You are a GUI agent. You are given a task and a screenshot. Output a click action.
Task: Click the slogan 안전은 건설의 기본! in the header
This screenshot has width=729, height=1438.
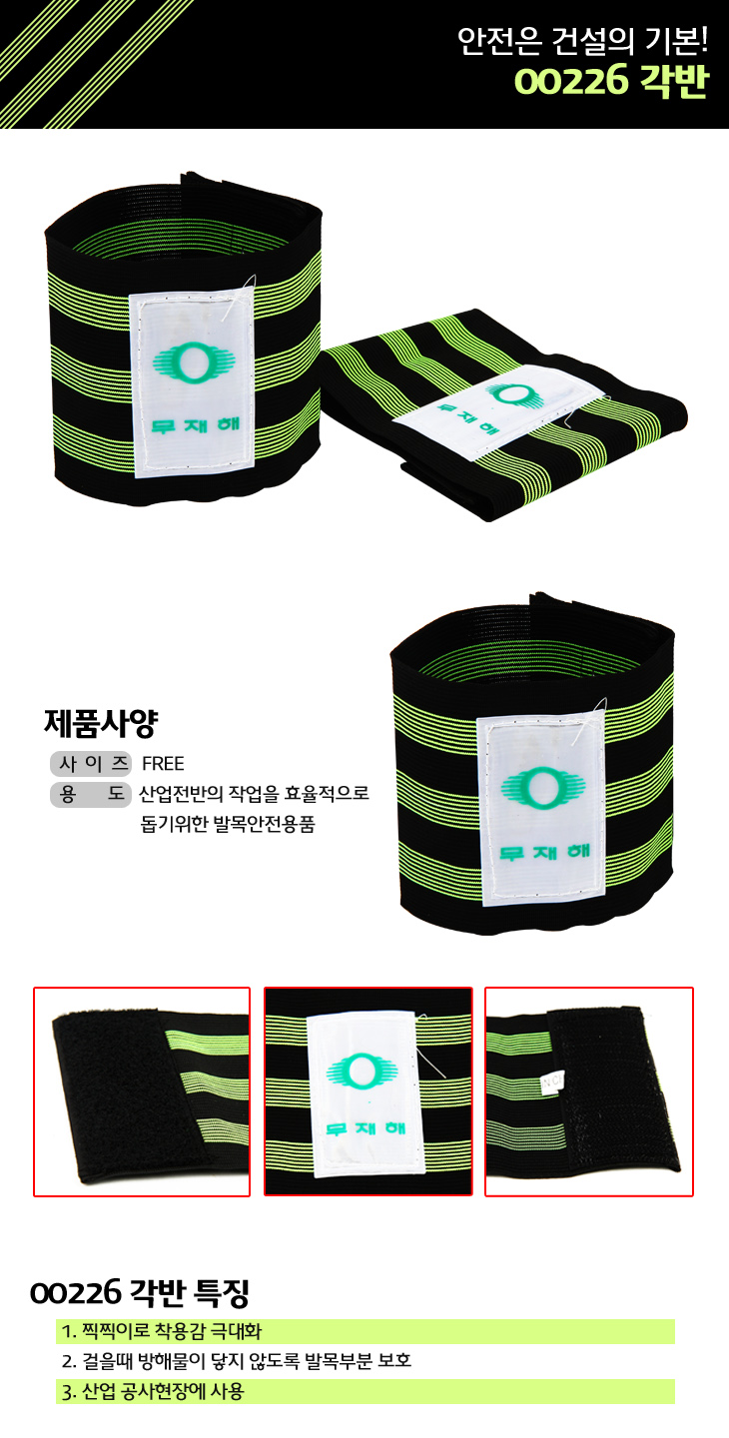(582, 41)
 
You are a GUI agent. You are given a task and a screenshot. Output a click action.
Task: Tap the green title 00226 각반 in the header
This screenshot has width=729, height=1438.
(611, 82)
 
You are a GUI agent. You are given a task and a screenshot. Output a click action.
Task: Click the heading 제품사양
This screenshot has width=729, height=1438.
(101, 723)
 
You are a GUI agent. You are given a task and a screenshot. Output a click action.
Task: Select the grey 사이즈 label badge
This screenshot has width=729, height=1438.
(91, 763)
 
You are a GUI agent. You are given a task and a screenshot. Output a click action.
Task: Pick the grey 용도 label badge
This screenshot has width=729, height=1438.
(91, 795)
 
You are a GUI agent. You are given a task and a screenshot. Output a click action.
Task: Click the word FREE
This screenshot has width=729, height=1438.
(163, 764)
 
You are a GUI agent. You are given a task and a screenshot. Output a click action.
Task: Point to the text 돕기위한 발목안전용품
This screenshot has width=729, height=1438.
(228, 824)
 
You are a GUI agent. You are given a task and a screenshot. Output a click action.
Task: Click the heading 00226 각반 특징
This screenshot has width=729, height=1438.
(139, 1293)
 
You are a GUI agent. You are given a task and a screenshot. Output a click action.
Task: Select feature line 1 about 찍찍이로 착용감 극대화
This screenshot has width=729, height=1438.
(162, 1331)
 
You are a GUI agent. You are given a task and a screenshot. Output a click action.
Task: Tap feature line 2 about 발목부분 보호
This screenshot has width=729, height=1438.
(237, 1361)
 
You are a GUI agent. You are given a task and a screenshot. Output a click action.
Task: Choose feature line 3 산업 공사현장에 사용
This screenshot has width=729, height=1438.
(153, 1391)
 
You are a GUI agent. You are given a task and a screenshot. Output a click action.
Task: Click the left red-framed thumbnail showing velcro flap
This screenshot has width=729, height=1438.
(142, 1091)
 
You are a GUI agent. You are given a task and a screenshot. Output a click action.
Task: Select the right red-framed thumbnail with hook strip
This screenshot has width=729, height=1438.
(589, 1091)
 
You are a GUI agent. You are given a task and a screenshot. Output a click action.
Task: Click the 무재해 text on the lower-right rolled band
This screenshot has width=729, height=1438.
(545, 853)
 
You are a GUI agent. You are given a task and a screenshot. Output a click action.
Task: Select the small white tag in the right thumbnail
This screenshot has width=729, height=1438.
(552, 1082)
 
